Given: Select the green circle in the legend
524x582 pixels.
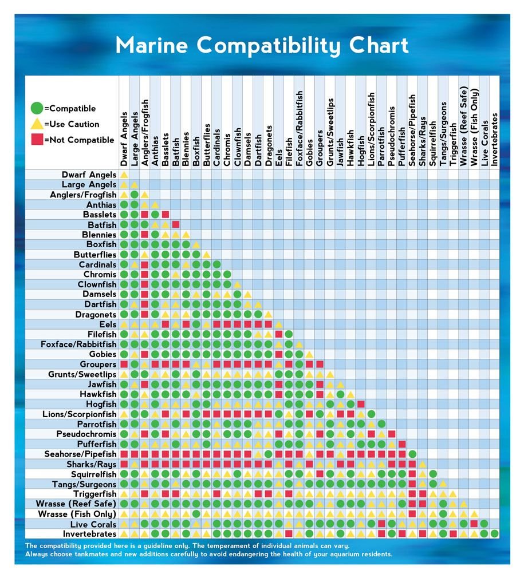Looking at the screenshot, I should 37,108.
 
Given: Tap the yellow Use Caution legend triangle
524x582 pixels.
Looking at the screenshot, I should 37,124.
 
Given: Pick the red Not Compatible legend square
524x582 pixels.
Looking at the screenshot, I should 37,140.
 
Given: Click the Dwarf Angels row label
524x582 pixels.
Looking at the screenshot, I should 89,175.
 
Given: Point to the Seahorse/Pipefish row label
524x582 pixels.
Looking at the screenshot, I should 80,454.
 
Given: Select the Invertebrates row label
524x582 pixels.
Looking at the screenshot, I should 84,533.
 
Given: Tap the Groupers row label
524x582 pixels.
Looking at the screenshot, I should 98,364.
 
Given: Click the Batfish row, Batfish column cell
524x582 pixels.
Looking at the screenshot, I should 176,224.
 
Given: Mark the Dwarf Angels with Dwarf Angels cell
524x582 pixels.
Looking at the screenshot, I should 124,175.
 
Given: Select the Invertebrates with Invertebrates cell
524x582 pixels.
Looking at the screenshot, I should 494,533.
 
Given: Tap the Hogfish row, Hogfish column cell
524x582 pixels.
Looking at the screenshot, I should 361,404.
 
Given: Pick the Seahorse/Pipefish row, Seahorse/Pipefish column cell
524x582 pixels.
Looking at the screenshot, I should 412,454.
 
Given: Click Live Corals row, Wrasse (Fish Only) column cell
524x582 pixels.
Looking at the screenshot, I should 474,524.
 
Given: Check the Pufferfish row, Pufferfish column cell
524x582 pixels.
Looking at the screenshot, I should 402,444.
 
